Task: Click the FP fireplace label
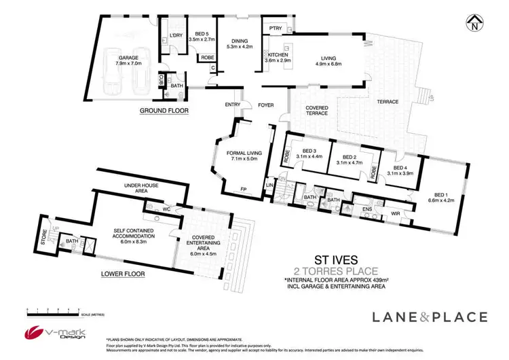pos(242,190)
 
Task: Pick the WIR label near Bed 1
pos(396,215)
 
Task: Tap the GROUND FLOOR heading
pos(164,110)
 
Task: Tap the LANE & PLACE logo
pos(429,316)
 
